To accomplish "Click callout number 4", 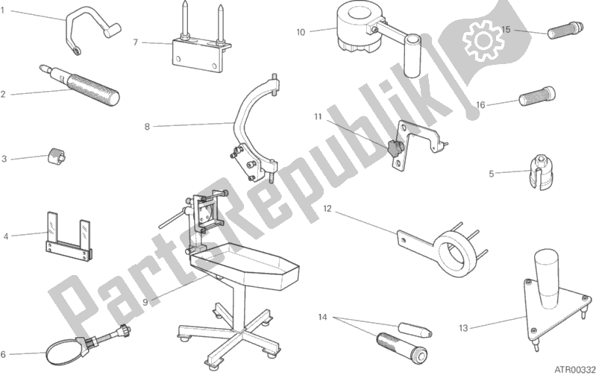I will [x=6, y=236].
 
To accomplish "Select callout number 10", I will [x=301, y=31].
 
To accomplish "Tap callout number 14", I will [x=321, y=316].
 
